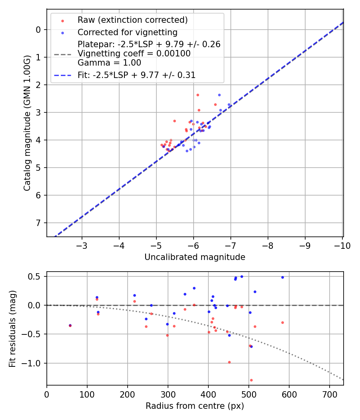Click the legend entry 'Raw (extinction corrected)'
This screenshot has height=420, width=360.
point(132,20)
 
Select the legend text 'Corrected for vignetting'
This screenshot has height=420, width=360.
point(127,32)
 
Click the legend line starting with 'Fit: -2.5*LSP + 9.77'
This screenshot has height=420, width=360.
point(136,75)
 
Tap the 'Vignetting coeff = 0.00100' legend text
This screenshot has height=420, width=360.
point(134,53)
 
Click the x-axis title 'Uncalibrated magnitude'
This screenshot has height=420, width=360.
point(195,257)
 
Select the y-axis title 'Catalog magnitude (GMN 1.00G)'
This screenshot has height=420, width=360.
point(27,129)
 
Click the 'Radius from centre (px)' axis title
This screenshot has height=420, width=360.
point(195,406)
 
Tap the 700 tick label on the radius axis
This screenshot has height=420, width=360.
point(329,394)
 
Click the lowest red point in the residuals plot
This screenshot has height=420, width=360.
point(251,380)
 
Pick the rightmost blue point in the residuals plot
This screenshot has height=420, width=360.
point(282,277)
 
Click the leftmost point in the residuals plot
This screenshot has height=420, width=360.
point(70,326)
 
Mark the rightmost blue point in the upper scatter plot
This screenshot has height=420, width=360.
point(229,105)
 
